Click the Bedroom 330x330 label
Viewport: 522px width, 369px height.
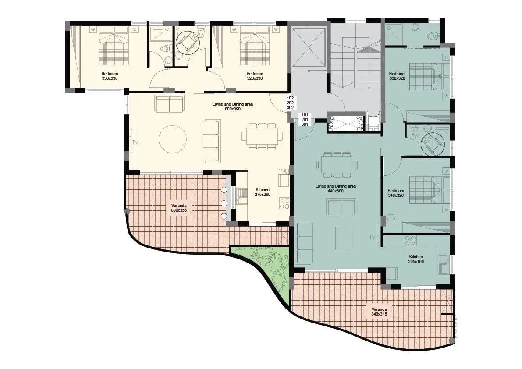click(110, 76)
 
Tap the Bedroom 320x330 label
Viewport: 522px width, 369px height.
click(255, 76)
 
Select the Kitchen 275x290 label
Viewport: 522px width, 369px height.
click(263, 192)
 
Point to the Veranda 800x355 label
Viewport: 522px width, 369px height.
click(178, 208)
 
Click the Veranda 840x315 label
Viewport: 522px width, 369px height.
click(379, 311)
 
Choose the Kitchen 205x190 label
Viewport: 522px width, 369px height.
click(416, 259)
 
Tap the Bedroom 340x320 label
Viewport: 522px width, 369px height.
click(395, 193)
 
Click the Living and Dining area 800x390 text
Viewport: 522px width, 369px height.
click(233, 106)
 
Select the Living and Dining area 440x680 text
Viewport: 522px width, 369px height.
click(335, 188)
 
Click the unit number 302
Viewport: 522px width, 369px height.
click(290, 108)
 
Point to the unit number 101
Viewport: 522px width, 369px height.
click(305, 115)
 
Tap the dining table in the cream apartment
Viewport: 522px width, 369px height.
click(263, 136)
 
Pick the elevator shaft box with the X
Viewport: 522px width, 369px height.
click(308, 48)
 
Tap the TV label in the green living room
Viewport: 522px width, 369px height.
click(372, 237)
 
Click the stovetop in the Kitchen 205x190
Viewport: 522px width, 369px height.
click(411, 241)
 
